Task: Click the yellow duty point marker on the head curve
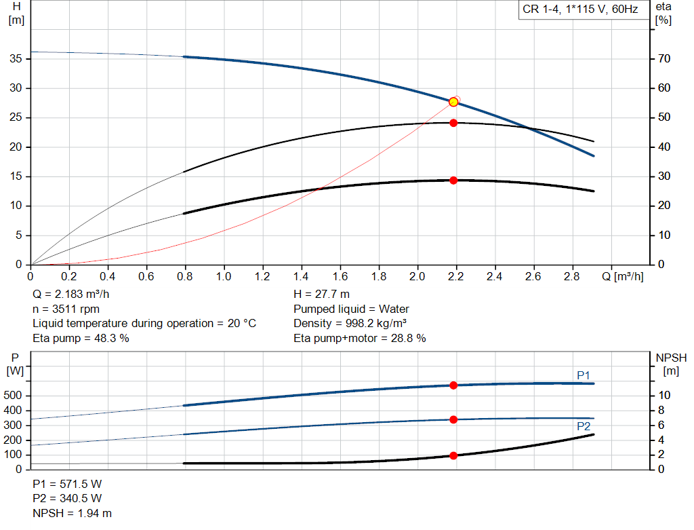pyautogui.click(x=453, y=102)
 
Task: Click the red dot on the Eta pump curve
pyautogui.click(x=453, y=123)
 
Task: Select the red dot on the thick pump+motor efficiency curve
pyautogui.click(x=453, y=181)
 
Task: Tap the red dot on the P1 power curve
pyautogui.click(x=453, y=385)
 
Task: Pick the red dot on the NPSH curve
pyautogui.click(x=453, y=455)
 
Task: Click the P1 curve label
pyautogui.click(x=584, y=375)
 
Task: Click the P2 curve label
pyautogui.click(x=584, y=426)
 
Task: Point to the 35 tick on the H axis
pyautogui.click(x=16, y=58)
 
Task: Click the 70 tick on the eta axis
pyautogui.click(x=664, y=58)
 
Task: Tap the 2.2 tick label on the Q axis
pyautogui.click(x=456, y=276)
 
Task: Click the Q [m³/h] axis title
pyautogui.click(x=623, y=276)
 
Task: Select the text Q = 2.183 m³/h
pyautogui.click(x=70, y=295)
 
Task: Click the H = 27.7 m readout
pyautogui.click(x=321, y=295)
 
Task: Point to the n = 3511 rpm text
pyautogui.click(x=66, y=309)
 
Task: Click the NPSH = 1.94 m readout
pyautogui.click(x=72, y=513)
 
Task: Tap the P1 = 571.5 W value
pyautogui.click(x=67, y=484)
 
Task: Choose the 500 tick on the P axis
pyautogui.click(x=12, y=395)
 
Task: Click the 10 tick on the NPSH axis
pyautogui.click(x=664, y=395)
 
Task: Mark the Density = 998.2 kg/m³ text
pyautogui.click(x=350, y=324)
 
